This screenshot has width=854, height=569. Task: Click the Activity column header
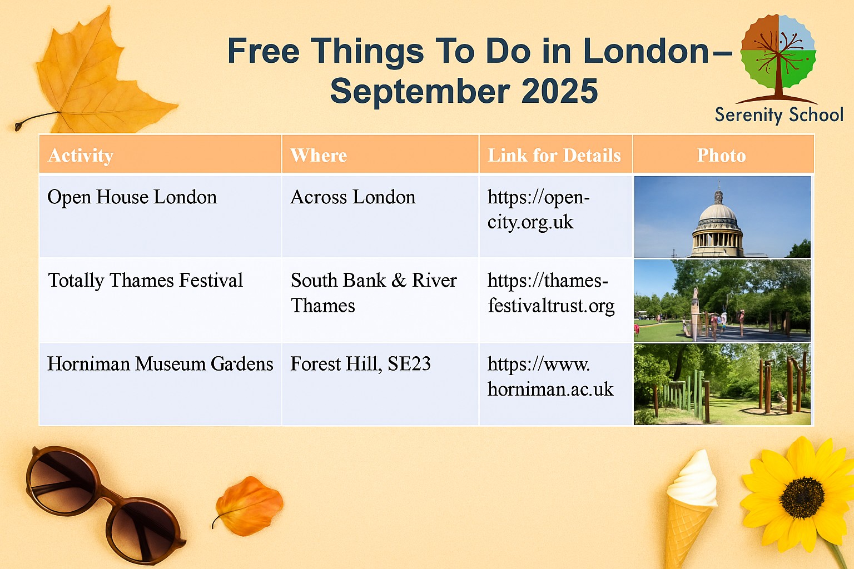tap(81, 155)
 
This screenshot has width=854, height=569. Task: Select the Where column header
tap(319, 155)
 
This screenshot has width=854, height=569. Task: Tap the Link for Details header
tap(554, 155)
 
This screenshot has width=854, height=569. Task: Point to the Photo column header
tap(721, 155)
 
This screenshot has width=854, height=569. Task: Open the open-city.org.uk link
tap(538, 209)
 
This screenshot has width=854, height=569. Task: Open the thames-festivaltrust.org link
tap(551, 293)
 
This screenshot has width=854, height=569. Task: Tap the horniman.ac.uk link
tap(550, 377)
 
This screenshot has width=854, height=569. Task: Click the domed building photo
tap(722, 217)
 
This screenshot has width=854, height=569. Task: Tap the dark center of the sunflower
tap(802, 498)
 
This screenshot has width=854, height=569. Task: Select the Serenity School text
tap(779, 114)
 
